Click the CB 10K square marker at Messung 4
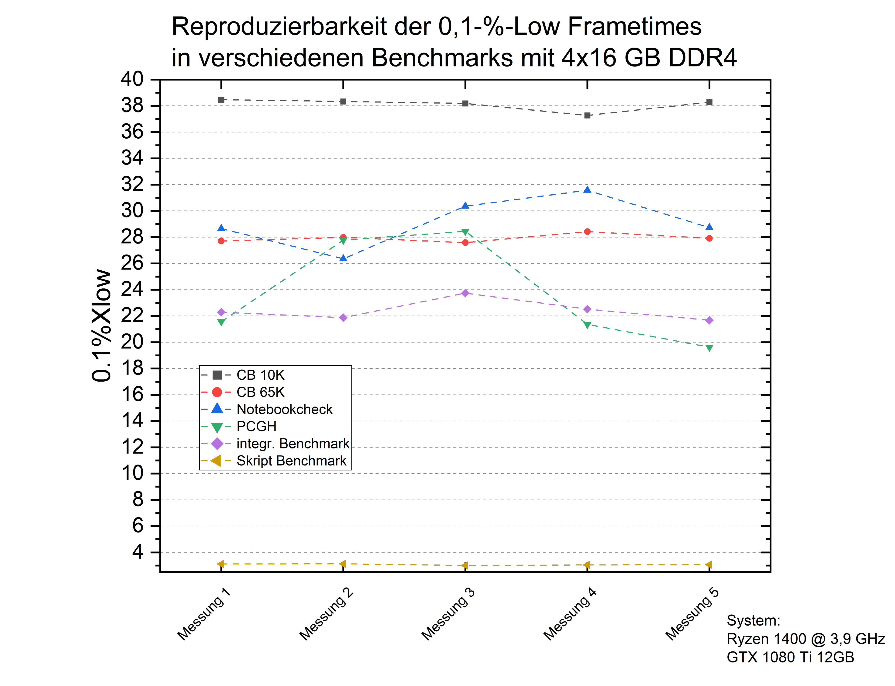[587, 115]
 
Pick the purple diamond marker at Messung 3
[465, 293]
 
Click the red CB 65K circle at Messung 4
[587, 231]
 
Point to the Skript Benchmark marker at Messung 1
[221, 564]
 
